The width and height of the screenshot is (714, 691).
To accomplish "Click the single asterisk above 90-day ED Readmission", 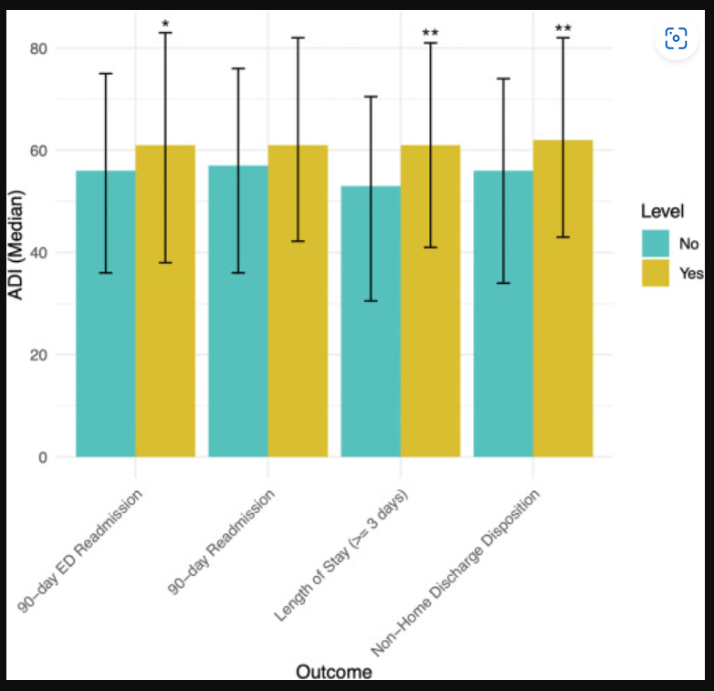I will click(165, 25).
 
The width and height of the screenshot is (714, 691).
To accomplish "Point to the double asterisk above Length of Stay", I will click(430, 35).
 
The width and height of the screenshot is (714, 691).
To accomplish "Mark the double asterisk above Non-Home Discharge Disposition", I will click(563, 30).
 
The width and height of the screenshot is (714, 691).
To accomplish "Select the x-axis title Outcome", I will click(333, 672).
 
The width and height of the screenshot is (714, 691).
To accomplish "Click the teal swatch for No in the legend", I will click(656, 244).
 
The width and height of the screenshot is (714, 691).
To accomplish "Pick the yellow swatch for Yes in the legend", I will click(656, 272).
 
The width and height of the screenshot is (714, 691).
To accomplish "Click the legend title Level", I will click(662, 211).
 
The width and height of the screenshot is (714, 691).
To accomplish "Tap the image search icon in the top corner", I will click(676, 38).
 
